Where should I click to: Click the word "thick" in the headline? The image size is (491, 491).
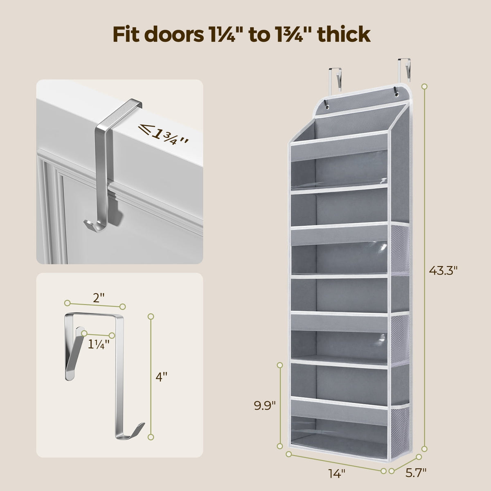point(344,35)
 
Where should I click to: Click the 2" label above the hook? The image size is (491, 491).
point(97,297)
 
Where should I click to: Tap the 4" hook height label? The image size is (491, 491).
point(162,377)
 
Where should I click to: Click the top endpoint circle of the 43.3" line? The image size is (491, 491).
point(424,87)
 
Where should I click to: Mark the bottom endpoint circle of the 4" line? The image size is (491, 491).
point(151,437)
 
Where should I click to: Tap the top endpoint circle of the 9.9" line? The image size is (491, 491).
point(280,365)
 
